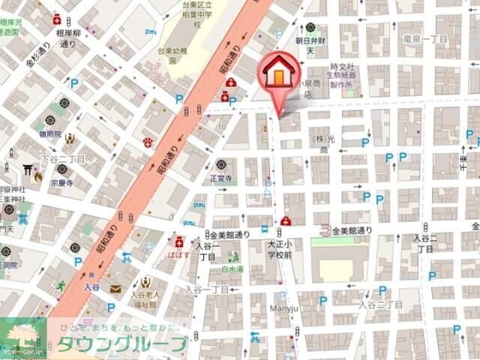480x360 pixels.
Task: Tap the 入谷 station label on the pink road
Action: (x=91, y=286)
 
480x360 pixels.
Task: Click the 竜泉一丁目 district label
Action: (x=425, y=38)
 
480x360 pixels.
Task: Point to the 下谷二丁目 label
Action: (x=64, y=159)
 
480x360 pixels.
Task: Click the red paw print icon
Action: (x=148, y=142)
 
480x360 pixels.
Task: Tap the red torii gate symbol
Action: (x=28, y=169)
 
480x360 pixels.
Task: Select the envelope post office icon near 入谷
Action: (x=115, y=288)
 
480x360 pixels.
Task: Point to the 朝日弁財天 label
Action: (x=310, y=45)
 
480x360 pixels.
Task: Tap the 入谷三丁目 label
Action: (x=380, y=304)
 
